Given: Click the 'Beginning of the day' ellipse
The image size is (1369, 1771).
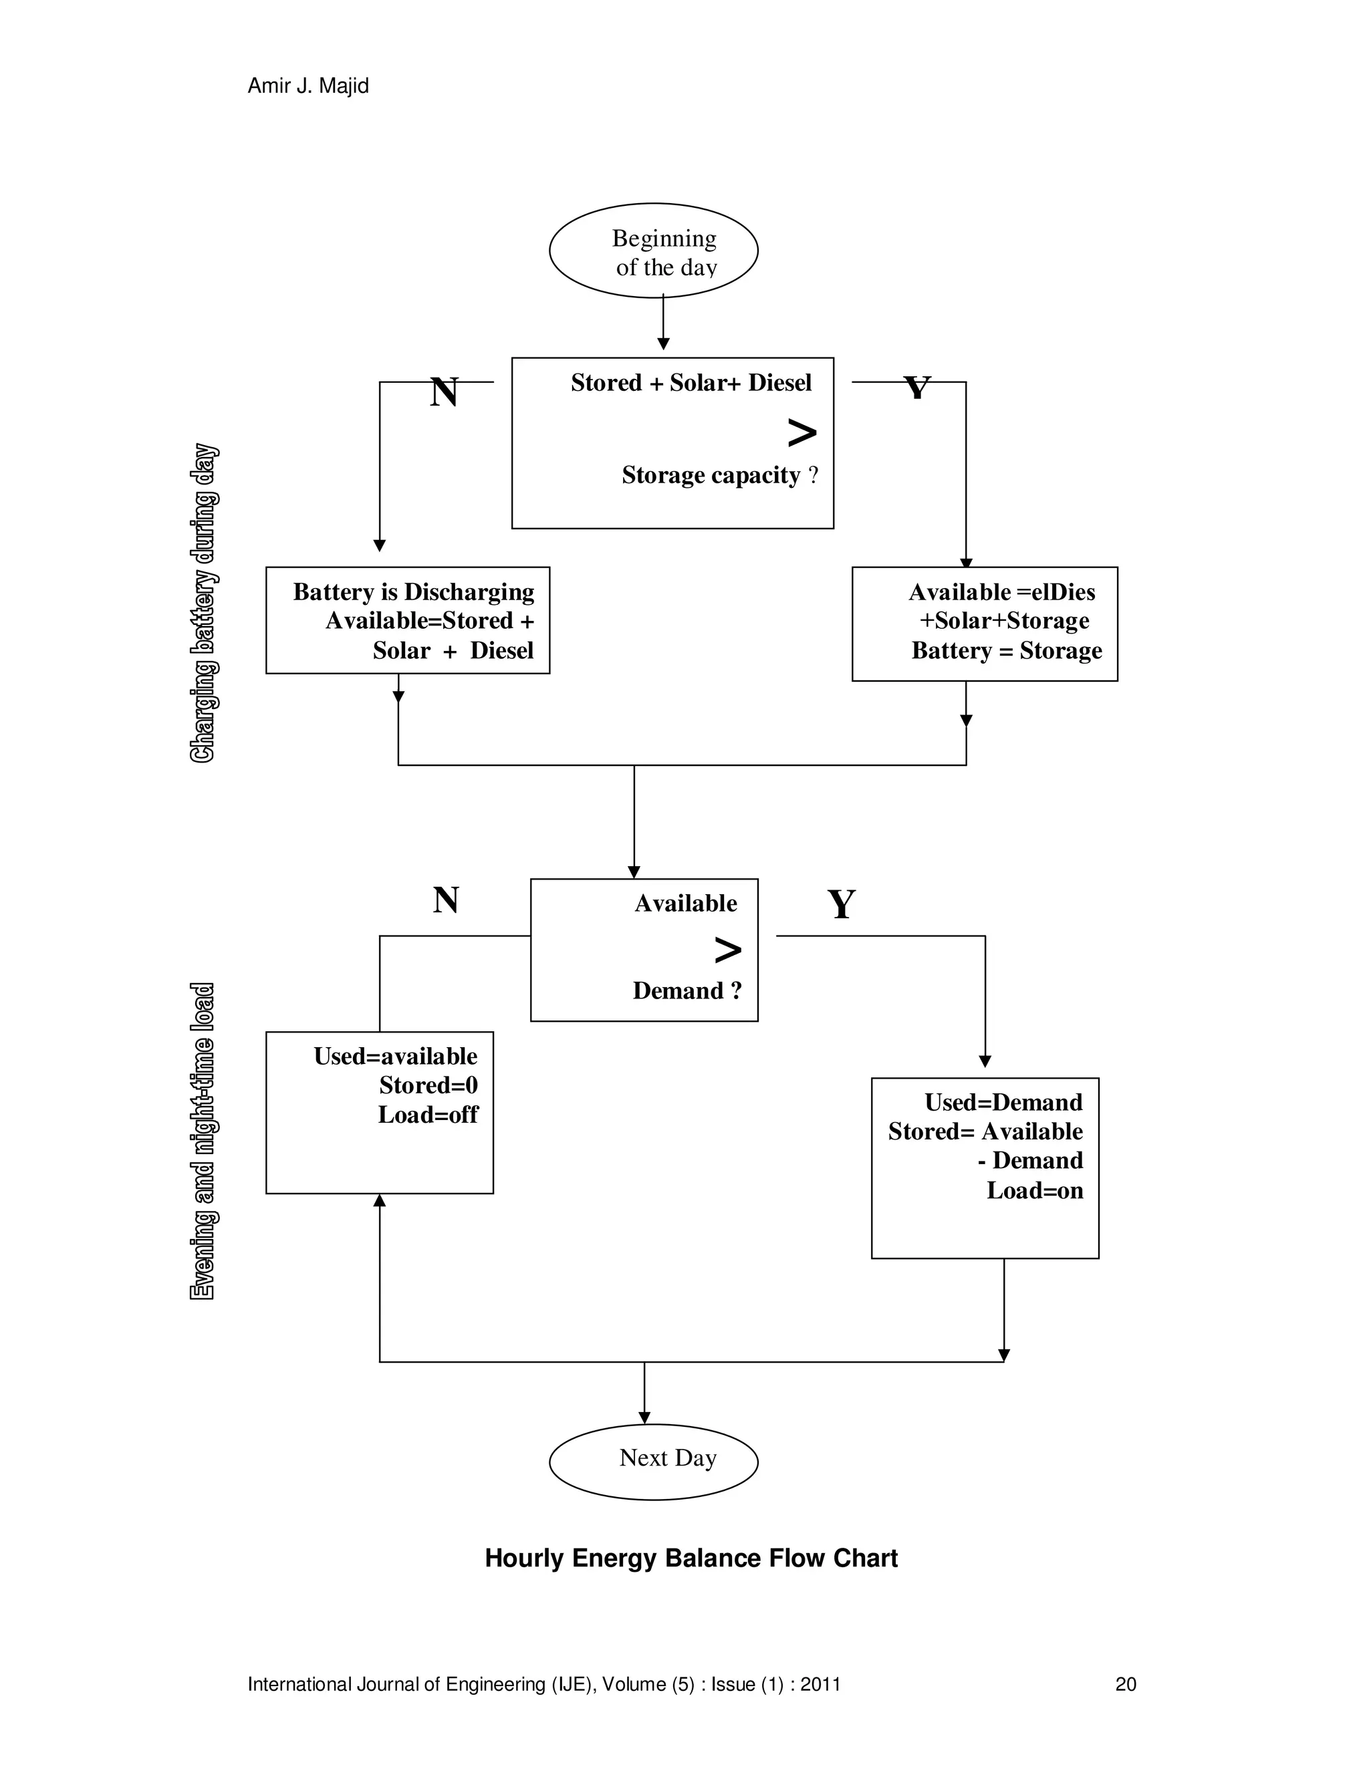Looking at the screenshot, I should [653, 251].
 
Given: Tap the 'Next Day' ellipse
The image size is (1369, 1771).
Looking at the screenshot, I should [653, 1461].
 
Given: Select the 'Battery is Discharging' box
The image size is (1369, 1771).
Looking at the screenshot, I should [407, 620].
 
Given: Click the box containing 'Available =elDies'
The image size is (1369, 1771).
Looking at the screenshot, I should [984, 624].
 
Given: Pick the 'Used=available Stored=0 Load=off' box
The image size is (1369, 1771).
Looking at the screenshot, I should [379, 1112].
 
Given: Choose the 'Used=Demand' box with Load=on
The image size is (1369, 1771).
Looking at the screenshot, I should [984, 1168].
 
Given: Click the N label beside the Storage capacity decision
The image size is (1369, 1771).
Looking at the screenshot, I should [444, 392].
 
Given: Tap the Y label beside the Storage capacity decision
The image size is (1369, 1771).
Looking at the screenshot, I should [916, 388].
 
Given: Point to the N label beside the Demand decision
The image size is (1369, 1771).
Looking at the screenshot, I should [446, 900].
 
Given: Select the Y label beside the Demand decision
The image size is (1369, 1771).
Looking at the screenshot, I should [841, 904].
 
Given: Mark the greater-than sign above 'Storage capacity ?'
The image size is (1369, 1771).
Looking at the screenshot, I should [801, 433].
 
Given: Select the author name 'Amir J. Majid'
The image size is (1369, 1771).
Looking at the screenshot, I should [307, 86].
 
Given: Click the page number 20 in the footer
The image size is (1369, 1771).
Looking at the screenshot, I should [1125, 1684].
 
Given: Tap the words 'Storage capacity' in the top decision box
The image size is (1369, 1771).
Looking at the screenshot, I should [711, 475].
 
